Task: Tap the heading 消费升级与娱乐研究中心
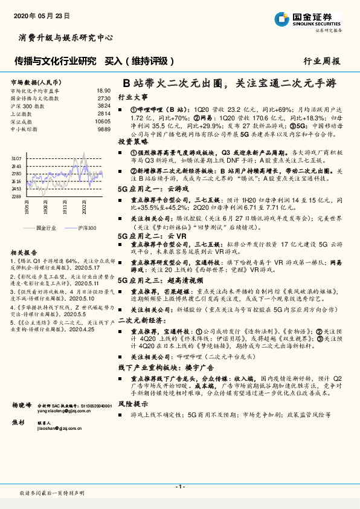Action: (62, 37)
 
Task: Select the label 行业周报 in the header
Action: (321, 61)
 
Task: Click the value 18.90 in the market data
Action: (103, 90)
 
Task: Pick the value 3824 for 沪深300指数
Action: (104, 106)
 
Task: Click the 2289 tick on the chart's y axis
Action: (16, 196)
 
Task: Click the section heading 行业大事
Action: (132, 97)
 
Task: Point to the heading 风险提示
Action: (132, 403)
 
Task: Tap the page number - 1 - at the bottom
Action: (179, 487)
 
